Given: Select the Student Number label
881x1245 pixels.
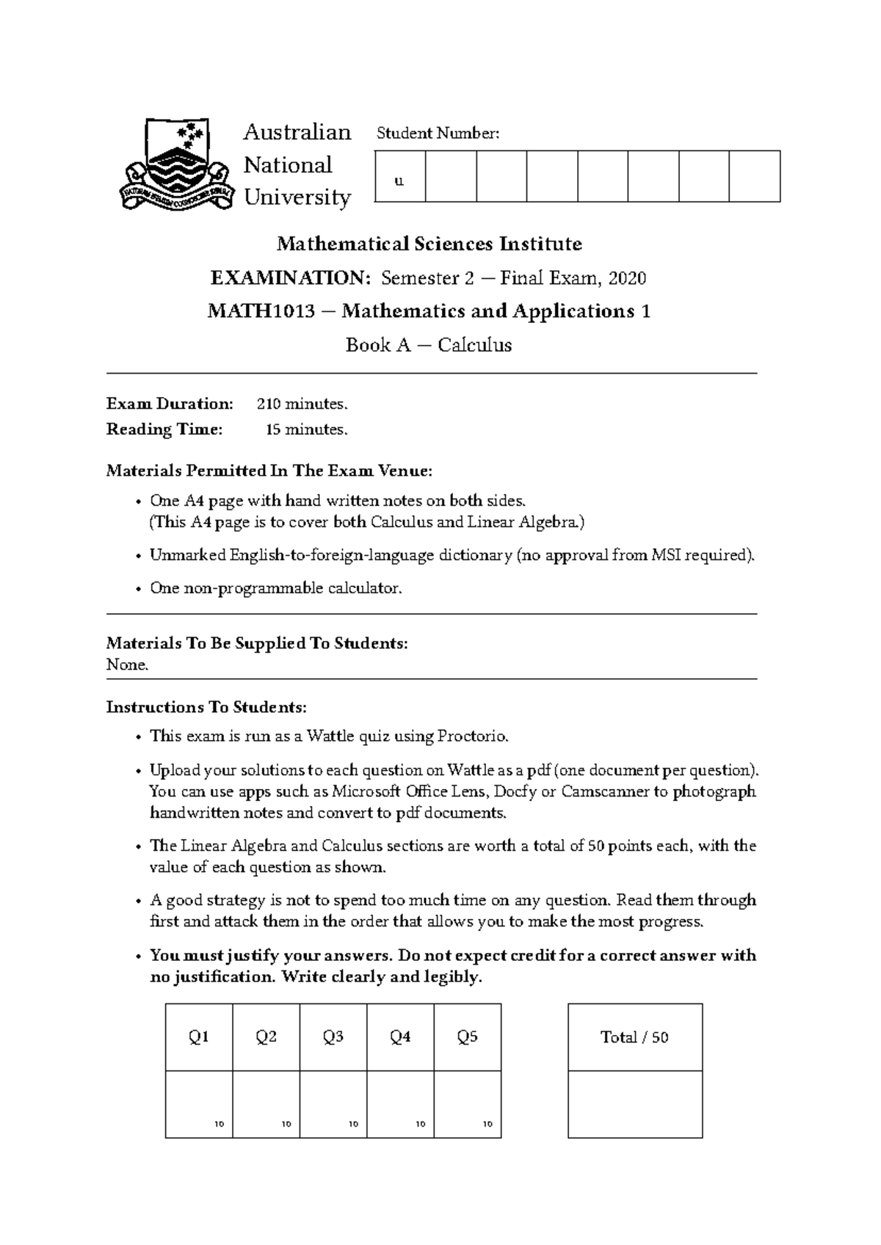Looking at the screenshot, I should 438,133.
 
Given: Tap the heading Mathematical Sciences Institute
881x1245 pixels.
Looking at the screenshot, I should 429,244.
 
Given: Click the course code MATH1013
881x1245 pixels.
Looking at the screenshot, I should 261,311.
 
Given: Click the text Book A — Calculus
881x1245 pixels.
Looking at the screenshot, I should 429,345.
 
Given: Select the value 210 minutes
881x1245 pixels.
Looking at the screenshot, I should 302,404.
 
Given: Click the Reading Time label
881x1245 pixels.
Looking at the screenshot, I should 164,429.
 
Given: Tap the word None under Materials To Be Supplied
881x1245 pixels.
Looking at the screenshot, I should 127,665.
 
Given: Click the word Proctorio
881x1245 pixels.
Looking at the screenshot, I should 471,736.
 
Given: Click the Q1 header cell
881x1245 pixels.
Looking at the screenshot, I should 199,1037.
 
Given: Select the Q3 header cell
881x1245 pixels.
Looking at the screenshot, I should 333,1037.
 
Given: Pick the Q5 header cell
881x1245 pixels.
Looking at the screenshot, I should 468,1037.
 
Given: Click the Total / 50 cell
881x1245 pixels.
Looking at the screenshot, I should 634,1037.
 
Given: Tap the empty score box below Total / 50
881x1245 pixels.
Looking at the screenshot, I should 634,1104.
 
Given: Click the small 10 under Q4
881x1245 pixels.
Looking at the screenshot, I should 421,1124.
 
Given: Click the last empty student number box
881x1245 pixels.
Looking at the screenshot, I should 754,176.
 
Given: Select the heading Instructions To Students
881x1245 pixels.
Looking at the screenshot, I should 206,707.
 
